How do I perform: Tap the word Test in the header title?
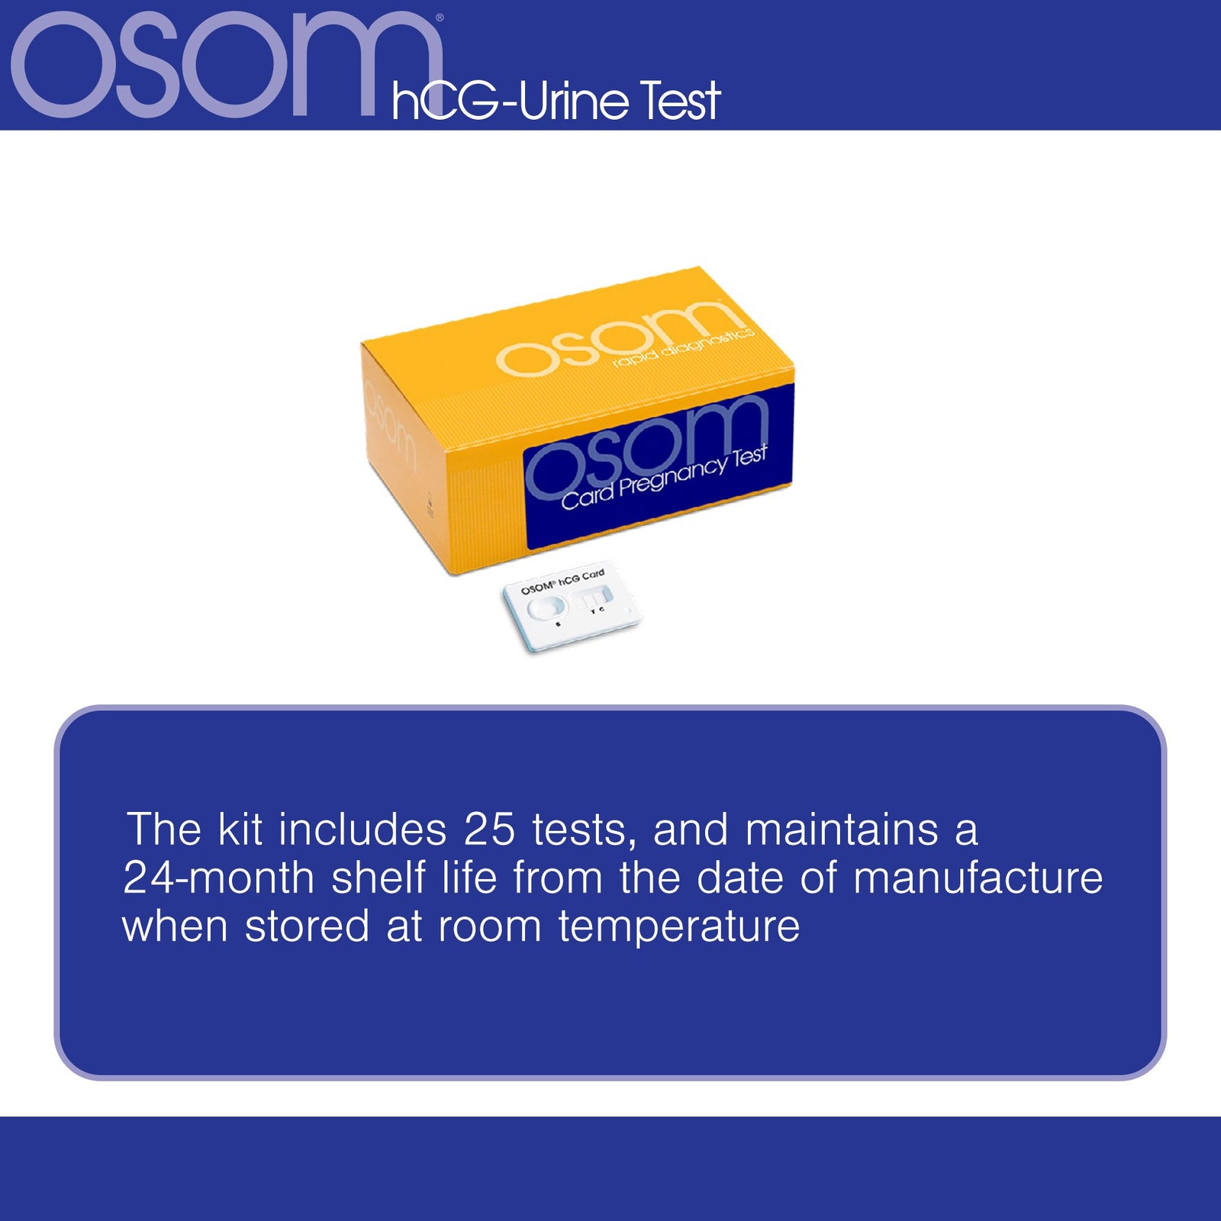679,101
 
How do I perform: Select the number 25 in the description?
489,830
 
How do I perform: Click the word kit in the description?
240,830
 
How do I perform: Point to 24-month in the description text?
218,878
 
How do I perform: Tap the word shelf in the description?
378,878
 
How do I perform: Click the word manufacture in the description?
978,878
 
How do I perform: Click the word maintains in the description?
841,830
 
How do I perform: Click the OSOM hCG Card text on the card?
562,582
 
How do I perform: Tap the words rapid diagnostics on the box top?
683,347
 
